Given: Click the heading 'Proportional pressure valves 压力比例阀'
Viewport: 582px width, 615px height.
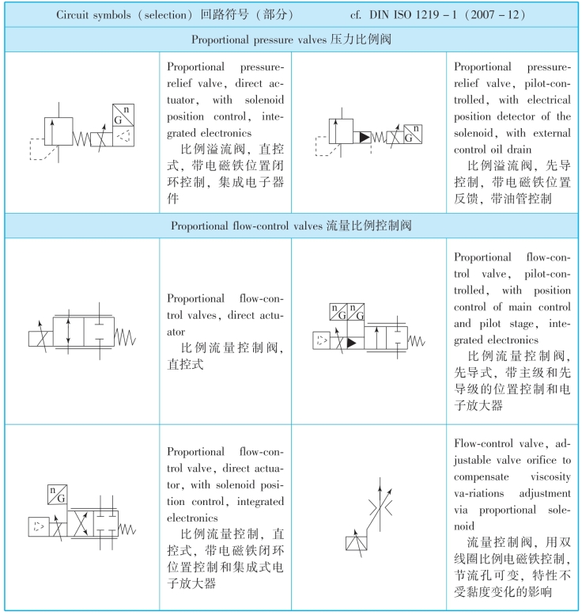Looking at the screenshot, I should click(291, 39).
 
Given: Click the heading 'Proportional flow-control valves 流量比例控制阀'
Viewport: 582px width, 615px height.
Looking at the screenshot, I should click(291, 226).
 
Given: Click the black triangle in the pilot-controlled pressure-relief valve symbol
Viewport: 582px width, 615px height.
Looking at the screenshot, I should click(364, 137).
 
